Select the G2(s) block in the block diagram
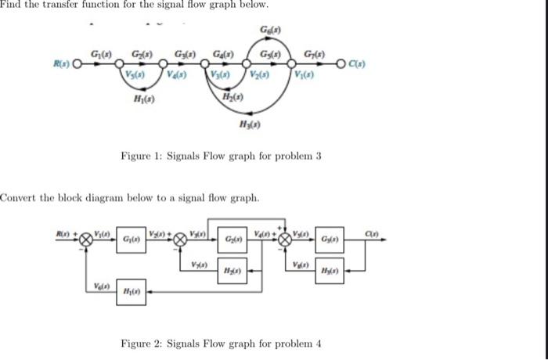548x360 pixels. click(x=234, y=238)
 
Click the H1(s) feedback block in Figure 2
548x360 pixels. click(x=128, y=291)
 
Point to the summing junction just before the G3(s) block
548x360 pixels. click(x=287, y=238)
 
